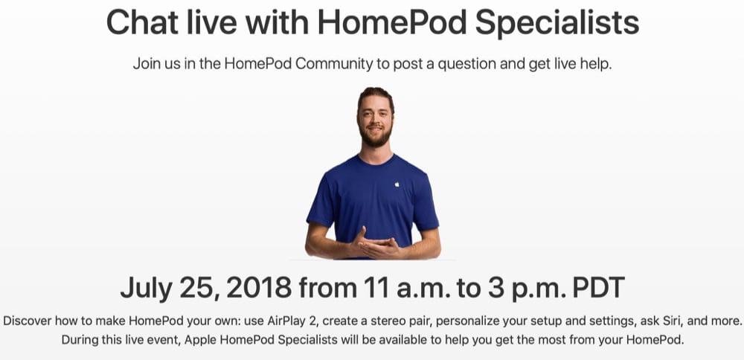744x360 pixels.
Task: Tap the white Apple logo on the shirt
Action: coord(397,184)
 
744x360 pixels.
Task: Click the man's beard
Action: coord(376,137)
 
